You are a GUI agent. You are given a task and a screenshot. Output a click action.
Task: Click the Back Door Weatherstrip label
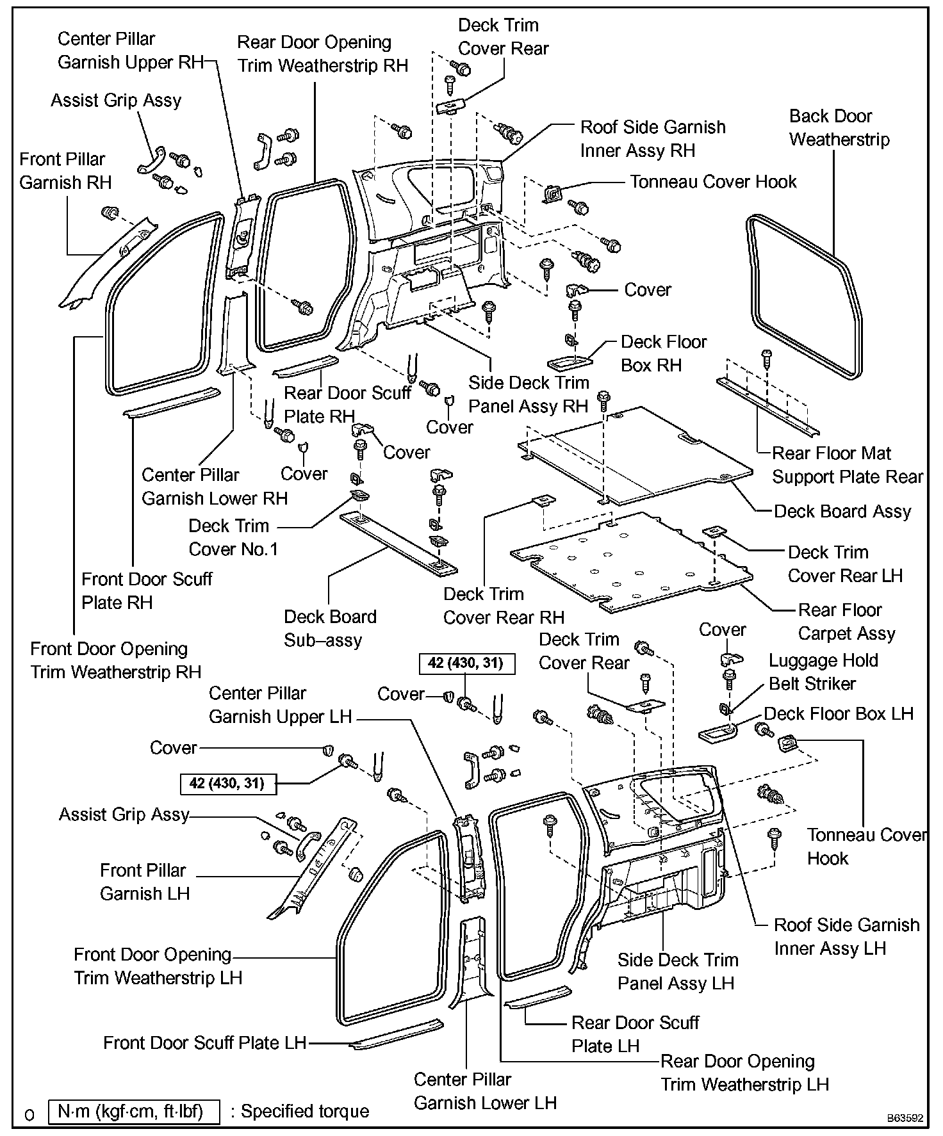(x=839, y=128)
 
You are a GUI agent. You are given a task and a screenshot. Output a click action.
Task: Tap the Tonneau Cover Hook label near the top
(x=712, y=182)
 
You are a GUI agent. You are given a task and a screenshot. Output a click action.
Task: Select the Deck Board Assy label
(x=842, y=512)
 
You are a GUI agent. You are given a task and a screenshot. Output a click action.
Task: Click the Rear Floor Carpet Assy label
(x=846, y=622)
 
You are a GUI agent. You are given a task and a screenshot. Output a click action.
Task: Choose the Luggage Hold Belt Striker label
(x=823, y=672)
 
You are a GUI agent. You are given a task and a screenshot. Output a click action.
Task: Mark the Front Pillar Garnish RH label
(x=65, y=171)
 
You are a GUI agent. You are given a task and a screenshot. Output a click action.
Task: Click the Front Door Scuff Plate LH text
(x=204, y=1043)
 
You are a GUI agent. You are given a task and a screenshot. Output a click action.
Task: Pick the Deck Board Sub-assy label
(x=330, y=629)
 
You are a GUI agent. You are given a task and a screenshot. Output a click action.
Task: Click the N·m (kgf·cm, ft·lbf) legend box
(x=134, y=1112)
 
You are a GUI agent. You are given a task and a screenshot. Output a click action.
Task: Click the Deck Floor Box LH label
(x=838, y=714)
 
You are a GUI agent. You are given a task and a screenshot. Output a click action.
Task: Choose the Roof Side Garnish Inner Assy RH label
(x=652, y=139)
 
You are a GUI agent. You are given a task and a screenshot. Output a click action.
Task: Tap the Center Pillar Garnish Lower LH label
(x=484, y=1091)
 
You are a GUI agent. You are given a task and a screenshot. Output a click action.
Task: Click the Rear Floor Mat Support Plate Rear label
(x=847, y=466)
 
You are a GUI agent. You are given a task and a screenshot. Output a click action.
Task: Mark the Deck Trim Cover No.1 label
(x=233, y=538)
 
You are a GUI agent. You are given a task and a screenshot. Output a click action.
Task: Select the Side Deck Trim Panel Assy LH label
(x=677, y=971)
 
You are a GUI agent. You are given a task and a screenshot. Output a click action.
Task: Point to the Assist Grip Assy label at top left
(x=116, y=101)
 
